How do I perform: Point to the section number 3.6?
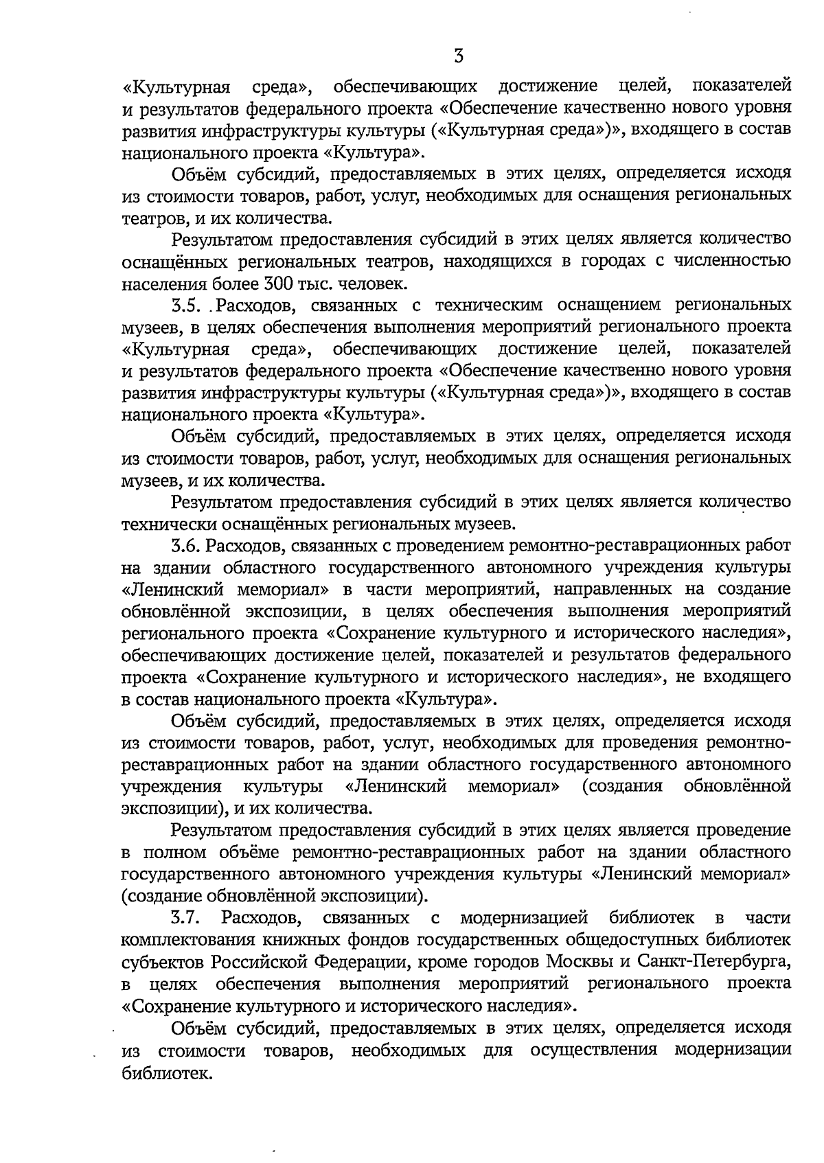pos(185,546)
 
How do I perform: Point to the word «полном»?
pos(174,852)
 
